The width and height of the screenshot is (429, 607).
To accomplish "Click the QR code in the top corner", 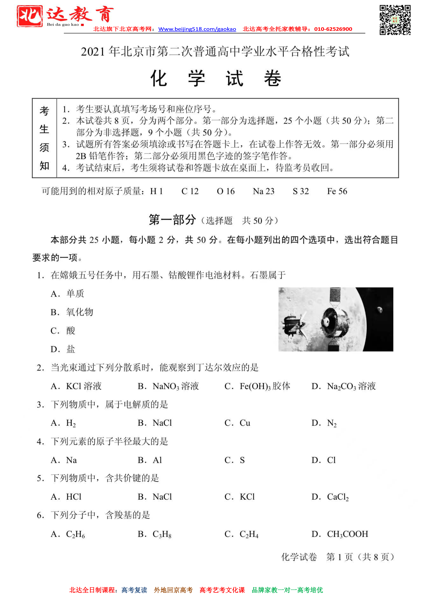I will (395, 20).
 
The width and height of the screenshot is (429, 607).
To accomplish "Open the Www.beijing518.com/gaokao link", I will (197, 29).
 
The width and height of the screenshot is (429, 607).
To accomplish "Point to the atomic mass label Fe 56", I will (337, 191).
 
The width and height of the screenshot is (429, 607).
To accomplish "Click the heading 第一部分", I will (172, 220).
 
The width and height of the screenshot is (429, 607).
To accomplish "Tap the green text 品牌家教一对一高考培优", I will (287, 590).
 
